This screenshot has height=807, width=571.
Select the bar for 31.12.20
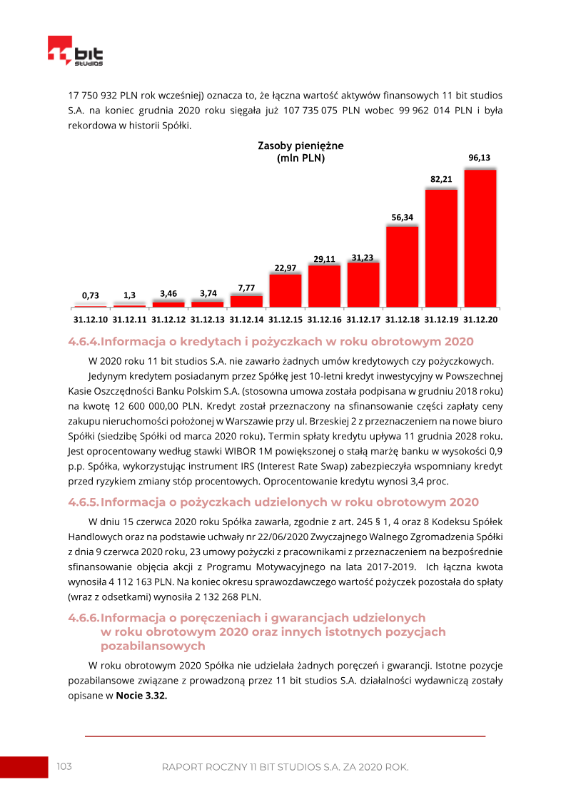(x=480, y=238)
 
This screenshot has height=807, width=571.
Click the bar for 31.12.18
(x=402, y=266)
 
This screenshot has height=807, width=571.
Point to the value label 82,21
(x=441, y=179)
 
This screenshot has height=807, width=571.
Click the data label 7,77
(x=246, y=288)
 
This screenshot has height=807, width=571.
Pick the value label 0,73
(x=90, y=295)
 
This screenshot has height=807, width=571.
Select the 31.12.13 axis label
(x=208, y=319)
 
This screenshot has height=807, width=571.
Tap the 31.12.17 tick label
(x=363, y=319)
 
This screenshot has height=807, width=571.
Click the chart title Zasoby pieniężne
(x=300, y=146)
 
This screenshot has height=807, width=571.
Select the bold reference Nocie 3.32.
(x=141, y=696)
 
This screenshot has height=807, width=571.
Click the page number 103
(x=64, y=766)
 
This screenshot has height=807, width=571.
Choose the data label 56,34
(x=403, y=217)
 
